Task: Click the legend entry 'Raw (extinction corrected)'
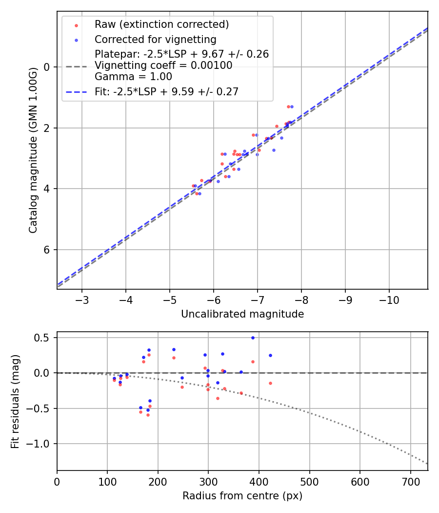point(161,24)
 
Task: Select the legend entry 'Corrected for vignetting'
point(155,39)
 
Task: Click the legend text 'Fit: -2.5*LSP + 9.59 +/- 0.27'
point(166,91)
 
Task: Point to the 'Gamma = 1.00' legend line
point(133,76)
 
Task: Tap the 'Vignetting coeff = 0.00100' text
point(163,65)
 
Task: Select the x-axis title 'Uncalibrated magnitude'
point(242,314)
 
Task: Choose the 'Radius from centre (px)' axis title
point(242,496)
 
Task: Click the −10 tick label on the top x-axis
point(389,299)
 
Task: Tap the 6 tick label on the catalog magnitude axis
point(47,250)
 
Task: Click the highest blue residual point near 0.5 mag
point(253,338)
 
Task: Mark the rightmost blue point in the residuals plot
point(270,355)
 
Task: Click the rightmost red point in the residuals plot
point(270,383)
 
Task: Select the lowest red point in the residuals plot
point(148,415)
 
